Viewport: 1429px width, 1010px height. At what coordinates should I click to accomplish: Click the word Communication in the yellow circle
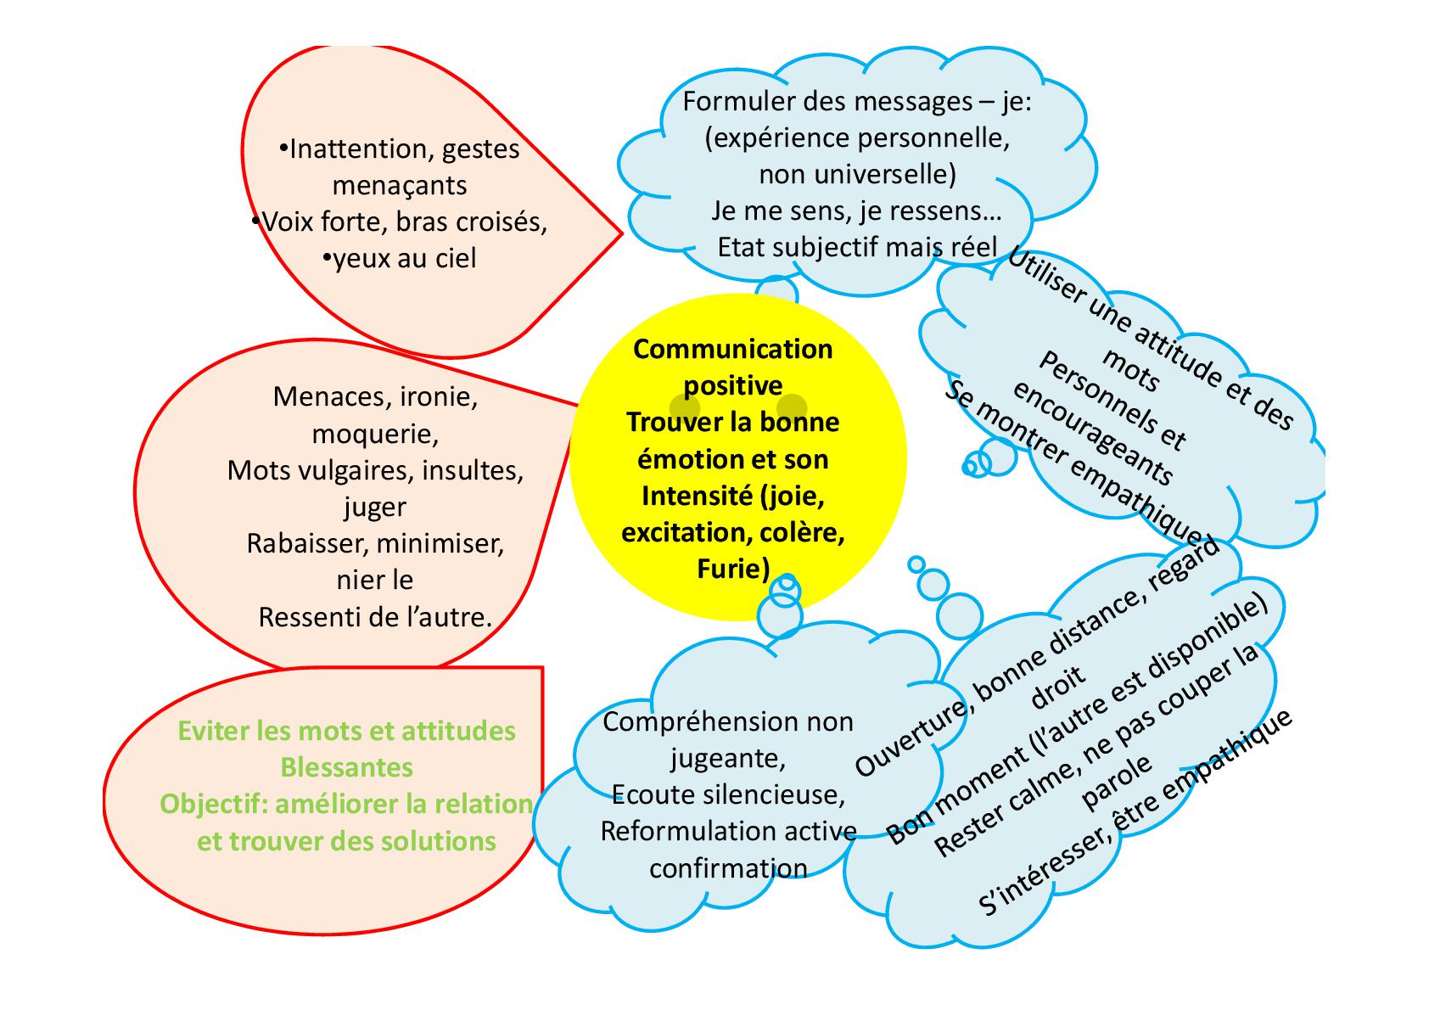point(732,349)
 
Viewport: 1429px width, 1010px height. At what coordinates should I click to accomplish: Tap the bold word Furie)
point(732,568)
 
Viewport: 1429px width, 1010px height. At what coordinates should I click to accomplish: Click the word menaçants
point(399,185)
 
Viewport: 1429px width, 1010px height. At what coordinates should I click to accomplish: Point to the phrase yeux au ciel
point(401,258)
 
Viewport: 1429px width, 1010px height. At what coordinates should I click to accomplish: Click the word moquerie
point(374,434)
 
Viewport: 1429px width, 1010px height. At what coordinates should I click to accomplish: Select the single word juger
point(374,507)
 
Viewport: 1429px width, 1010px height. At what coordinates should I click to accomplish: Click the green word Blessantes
point(346,767)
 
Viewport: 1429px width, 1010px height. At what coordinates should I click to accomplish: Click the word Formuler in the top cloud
point(736,102)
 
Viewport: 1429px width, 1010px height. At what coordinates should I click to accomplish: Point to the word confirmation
point(728,868)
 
